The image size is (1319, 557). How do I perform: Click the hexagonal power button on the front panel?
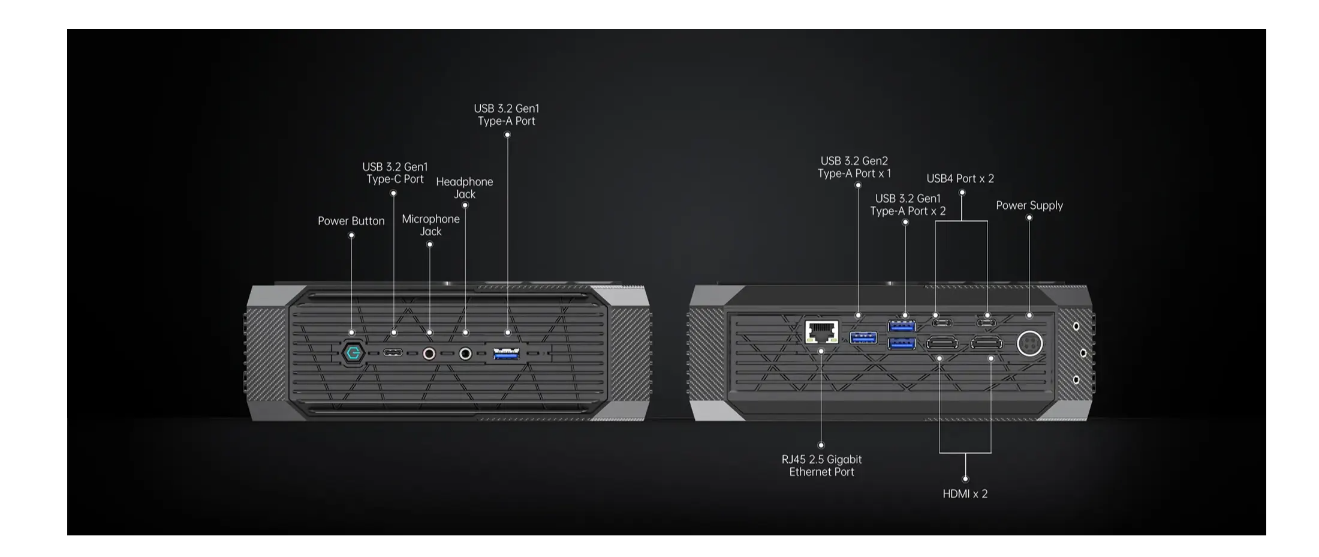click(353, 353)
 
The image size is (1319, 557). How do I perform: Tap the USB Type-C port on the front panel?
click(393, 353)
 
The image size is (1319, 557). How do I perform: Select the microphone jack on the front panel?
click(429, 354)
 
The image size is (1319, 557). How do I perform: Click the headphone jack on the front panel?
click(465, 354)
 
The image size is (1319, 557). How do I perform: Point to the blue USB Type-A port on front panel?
click(507, 354)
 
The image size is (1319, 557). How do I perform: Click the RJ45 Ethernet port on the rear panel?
click(821, 332)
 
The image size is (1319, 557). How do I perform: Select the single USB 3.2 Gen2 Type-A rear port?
click(863, 338)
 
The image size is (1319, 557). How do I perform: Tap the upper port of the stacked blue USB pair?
click(902, 326)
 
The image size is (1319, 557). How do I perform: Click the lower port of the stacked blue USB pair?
click(902, 343)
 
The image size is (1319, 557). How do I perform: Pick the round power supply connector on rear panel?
click(1029, 344)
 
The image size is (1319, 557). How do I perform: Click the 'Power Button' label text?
click(351, 221)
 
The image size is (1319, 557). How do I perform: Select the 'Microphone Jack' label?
click(430, 225)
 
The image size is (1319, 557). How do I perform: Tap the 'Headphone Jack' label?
click(465, 188)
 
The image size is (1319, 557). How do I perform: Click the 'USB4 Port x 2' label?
click(960, 179)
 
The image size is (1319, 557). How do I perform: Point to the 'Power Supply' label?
click(1029, 205)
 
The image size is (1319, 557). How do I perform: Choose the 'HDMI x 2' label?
click(965, 494)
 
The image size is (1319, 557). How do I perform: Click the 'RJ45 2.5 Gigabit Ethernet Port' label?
click(821, 466)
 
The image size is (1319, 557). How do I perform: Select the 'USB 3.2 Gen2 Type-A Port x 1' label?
click(854, 167)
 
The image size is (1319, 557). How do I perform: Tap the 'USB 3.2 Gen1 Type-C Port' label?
click(395, 173)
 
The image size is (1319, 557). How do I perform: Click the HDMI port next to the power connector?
click(986, 344)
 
